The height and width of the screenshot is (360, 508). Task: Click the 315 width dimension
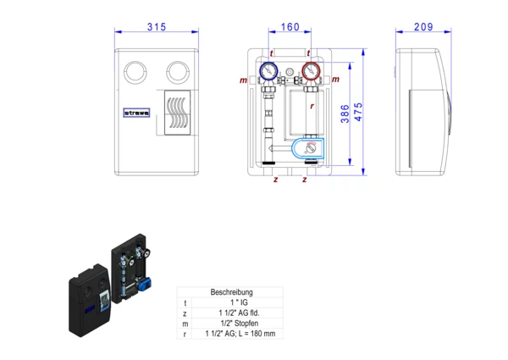click(156, 27)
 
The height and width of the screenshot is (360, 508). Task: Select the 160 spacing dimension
click(290, 27)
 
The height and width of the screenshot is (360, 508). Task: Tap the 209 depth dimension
click(423, 27)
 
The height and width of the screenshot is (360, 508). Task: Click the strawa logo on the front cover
click(135, 110)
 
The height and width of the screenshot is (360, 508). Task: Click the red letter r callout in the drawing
click(312, 107)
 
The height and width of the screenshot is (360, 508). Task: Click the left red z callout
click(276, 180)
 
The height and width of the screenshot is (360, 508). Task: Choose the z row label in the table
click(185, 313)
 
